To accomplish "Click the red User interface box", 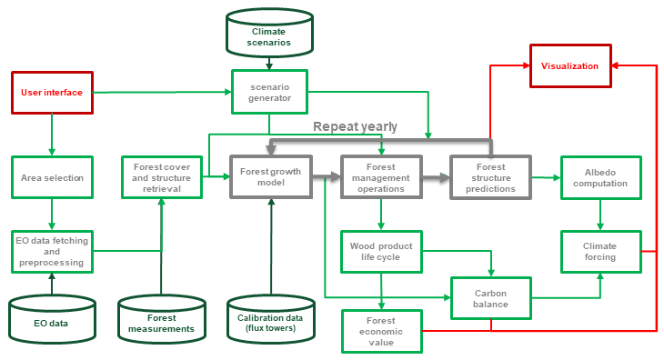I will (52, 93).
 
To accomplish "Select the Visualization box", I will (569, 66).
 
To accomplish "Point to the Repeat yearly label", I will (355, 126).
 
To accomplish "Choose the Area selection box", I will (52, 177).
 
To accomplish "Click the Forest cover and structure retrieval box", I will (161, 177).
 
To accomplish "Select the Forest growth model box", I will (270, 177).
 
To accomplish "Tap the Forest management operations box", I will (381, 177).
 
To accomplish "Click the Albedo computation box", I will (599, 177).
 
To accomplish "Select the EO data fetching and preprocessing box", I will (52, 251).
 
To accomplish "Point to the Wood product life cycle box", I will (381, 251).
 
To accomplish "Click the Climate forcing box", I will (599, 251).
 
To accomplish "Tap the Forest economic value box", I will (381, 331).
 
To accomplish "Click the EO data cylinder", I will (52, 317).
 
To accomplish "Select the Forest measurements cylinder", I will (161, 317).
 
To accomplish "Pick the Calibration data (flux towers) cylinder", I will (270, 317).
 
